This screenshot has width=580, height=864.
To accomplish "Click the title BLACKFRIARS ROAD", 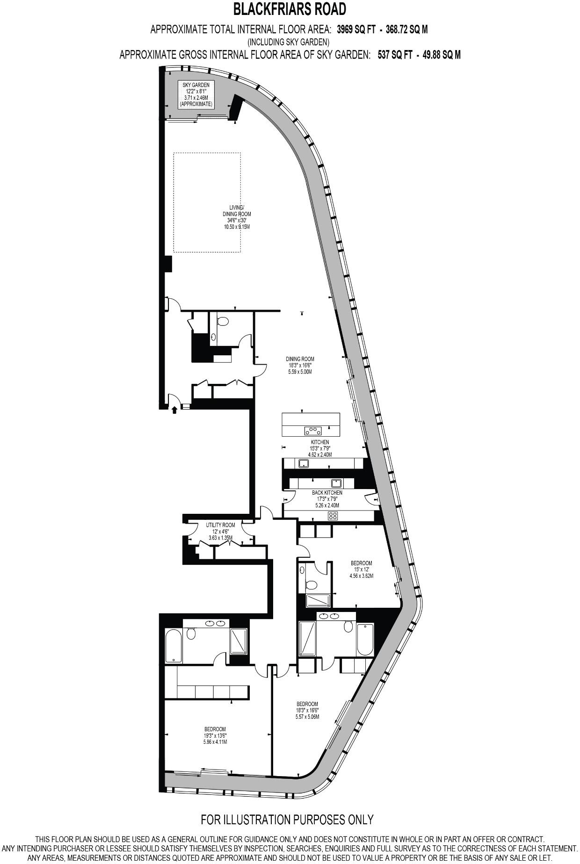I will click(290, 9).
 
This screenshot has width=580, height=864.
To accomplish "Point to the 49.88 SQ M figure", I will click(442, 55).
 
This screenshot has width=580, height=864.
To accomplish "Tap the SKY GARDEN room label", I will click(196, 85).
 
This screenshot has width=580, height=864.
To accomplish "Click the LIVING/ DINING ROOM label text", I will click(236, 214).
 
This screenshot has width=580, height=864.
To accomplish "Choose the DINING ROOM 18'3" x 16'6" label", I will click(300, 365).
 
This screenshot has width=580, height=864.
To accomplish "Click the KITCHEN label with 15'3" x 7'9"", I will click(320, 448).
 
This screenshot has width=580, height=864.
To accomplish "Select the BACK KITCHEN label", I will click(327, 499).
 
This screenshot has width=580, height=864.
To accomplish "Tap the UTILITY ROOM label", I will click(220, 531).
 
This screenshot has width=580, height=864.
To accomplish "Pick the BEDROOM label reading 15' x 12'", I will click(362, 569).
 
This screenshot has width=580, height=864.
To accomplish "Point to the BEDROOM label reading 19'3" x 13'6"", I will click(215, 735).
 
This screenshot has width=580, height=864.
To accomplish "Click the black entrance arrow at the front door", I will click(174, 410).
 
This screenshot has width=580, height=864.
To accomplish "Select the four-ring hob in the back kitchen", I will click(333, 516).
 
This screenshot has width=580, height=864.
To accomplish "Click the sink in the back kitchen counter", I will click(336, 483).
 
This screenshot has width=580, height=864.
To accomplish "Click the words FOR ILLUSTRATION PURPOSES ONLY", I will click(287, 819).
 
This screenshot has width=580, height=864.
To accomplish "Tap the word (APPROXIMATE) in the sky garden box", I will click(196, 103).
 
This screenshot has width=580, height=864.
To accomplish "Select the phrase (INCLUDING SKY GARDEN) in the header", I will click(290, 42).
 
